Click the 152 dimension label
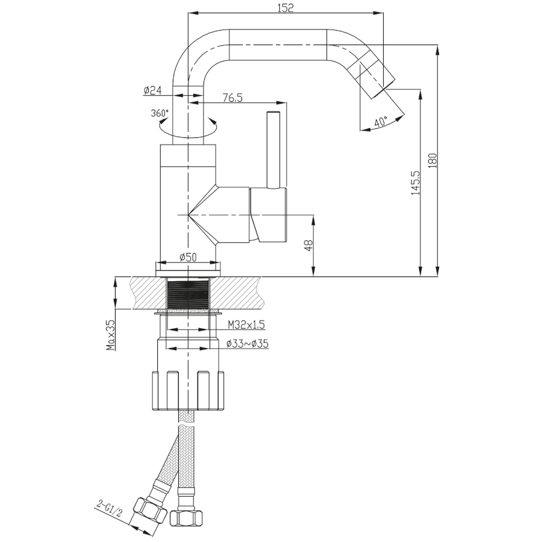click(x=285, y=8)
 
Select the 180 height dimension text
click(x=433, y=160)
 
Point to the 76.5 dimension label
click(x=232, y=98)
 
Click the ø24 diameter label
click(x=153, y=90)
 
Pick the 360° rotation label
click(x=160, y=113)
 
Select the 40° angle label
click(x=381, y=122)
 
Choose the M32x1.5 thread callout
click(x=246, y=325)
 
